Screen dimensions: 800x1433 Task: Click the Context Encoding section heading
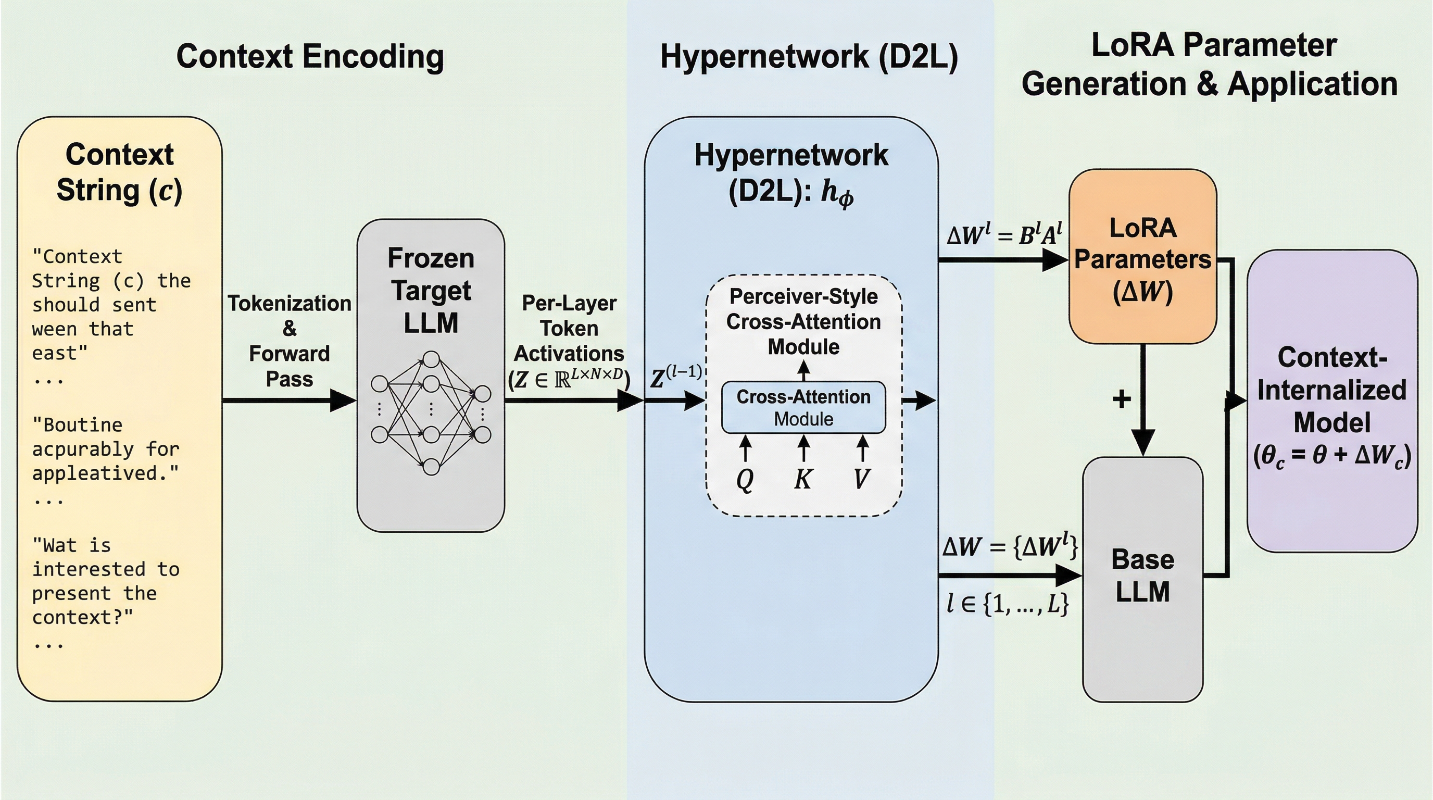[310, 57]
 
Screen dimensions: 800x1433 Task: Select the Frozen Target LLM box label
[431, 291]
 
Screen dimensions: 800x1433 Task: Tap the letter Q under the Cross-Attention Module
[745, 479]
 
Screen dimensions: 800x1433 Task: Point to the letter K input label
[803, 479]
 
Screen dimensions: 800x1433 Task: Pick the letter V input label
[862, 479]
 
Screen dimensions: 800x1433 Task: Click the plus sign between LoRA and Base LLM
[1122, 399]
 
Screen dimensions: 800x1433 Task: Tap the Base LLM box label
[1142, 576]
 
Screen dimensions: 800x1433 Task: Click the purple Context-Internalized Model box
[1332, 401]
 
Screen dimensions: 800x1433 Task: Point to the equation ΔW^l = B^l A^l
[1004, 235]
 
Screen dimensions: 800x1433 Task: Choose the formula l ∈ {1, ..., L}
[1007, 603]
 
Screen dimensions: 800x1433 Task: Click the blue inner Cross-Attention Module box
[803, 407]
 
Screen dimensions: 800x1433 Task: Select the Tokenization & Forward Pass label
[290, 341]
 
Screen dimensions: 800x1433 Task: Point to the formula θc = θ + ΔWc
[1332, 456]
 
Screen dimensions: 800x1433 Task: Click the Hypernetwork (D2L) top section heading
[809, 57]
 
